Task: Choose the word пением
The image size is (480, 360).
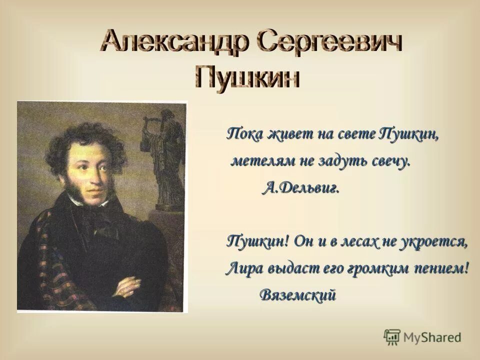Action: tap(442, 268)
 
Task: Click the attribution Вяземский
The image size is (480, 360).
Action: tap(297, 295)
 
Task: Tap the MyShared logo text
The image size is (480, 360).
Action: tap(432, 337)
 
